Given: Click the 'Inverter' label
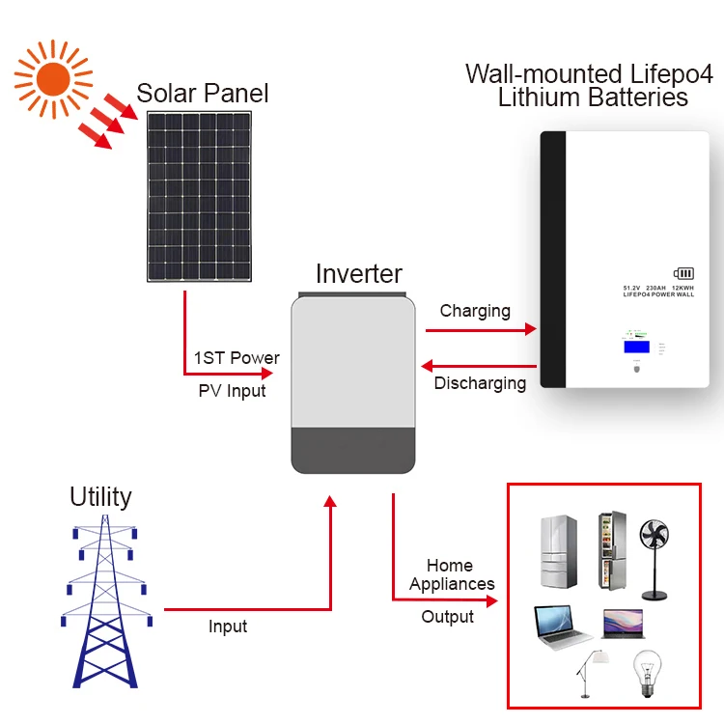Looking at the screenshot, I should coord(359,273).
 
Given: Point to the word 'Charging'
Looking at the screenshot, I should coord(475,311).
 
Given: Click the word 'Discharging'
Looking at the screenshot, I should coord(480,383).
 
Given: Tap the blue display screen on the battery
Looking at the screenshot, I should coord(635,346).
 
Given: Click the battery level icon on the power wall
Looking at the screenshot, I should coord(682,274).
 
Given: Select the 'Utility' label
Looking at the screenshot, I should coord(100,497).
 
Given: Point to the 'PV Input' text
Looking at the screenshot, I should coord(232,391).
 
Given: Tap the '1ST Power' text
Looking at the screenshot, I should coord(237,357).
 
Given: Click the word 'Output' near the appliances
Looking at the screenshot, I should coord(447,616).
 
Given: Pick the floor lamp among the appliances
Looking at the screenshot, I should coord(590,671).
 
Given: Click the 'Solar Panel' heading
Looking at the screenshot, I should coord(203,94).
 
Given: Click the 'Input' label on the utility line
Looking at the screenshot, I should coord(228,627).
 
